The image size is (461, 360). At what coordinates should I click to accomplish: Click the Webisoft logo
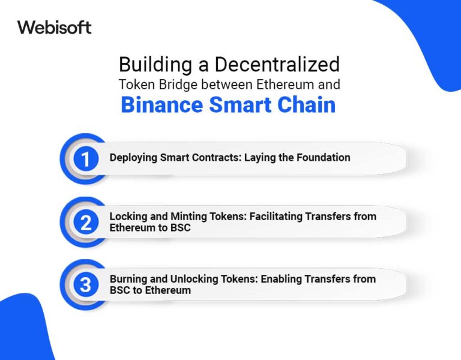tap(54, 27)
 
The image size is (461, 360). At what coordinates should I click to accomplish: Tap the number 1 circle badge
tap(86, 158)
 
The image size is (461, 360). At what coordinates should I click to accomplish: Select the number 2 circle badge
tap(86, 222)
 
